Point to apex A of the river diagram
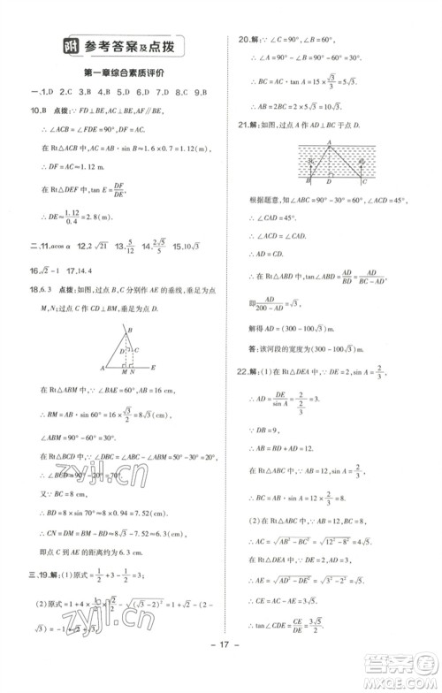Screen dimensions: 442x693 coord(328,141)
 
